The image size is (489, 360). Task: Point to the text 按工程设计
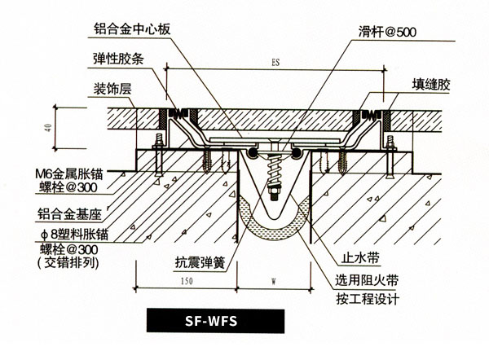coord(363,298)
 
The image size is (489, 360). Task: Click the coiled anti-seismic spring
coord(272,172)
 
